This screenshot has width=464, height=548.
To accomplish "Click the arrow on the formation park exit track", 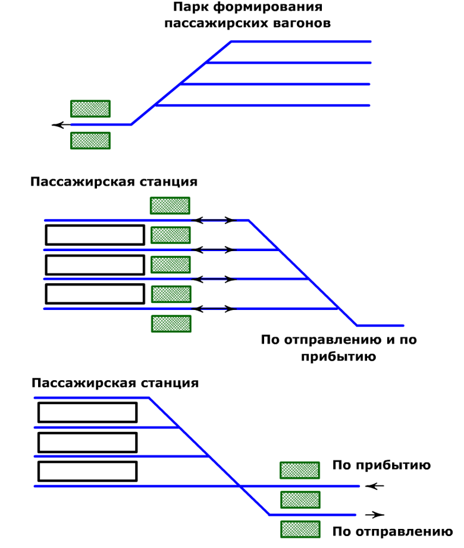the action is (61, 125).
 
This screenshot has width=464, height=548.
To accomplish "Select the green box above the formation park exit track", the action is (90, 109).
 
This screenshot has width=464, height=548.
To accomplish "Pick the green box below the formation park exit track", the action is (90, 140).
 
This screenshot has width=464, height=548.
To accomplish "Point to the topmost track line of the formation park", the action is (301, 42).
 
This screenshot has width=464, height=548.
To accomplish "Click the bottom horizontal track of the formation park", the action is (262, 105).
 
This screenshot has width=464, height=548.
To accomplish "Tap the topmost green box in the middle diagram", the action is (170, 205).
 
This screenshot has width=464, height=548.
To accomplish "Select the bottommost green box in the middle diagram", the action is (171, 324).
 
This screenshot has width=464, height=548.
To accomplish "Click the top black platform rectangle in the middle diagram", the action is (95, 226).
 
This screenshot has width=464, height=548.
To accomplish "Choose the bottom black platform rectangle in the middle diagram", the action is (95, 285).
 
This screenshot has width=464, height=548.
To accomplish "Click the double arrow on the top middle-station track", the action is (215, 220).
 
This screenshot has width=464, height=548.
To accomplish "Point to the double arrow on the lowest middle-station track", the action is (215, 309).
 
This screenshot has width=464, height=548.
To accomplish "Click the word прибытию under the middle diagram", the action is (338, 357).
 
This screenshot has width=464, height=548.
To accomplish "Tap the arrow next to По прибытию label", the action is (375, 486).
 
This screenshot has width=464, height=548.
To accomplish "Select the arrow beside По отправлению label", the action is (375, 515).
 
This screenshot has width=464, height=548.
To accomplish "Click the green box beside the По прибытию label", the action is (300, 470).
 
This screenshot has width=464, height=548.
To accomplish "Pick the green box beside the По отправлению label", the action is (300, 530).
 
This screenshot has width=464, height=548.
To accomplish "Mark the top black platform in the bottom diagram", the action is (87, 403).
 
